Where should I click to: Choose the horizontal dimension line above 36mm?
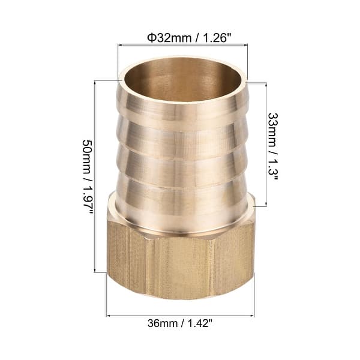pos(180,314)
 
